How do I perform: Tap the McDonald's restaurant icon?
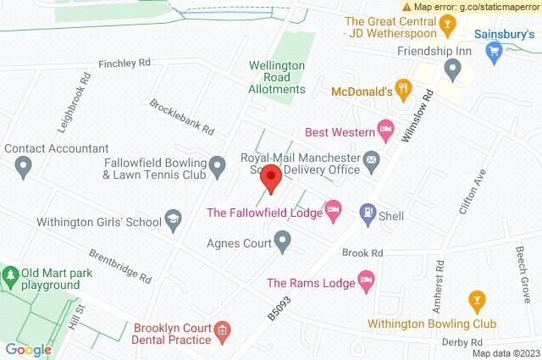[x=403, y=86]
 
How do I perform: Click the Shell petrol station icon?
[x=368, y=212]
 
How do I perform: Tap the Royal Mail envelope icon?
[x=371, y=159]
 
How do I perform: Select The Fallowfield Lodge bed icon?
[x=334, y=208]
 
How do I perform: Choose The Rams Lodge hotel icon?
[x=367, y=279]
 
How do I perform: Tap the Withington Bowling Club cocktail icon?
[x=476, y=299]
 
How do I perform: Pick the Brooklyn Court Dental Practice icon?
[x=222, y=330]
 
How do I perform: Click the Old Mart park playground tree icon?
[x=11, y=276]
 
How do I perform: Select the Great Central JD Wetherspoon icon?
[x=445, y=31]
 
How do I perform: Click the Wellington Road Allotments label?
[x=277, y=77]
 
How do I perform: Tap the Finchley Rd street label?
[x=124, y=63]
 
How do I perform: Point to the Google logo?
[x=29, y=349]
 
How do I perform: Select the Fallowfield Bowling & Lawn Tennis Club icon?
[x=218, y=164]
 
